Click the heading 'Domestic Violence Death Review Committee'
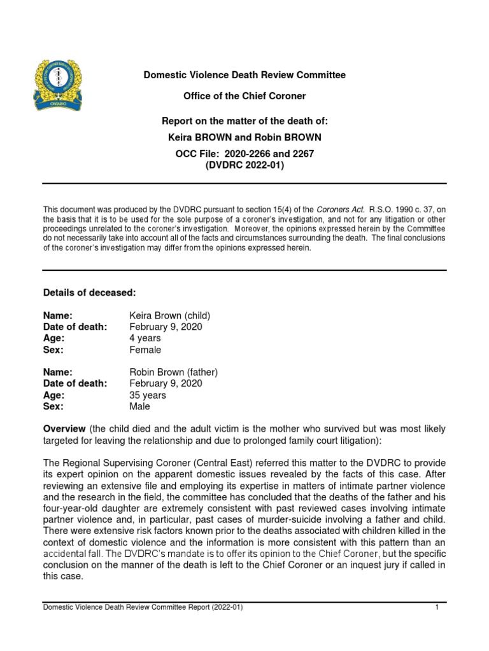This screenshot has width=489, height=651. click(244, 75)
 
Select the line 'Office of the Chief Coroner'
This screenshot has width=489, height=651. click(244, 96)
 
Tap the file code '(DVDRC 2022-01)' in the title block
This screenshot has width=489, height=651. click(244, 165)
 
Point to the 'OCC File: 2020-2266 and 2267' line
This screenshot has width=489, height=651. click(244, 154)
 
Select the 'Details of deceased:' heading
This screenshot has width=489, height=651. click(89, 292)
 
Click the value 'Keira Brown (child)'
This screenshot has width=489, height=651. click(169, 315)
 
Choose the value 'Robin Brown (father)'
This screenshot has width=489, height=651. click(173, 373)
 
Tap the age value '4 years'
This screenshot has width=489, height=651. click(145, 338)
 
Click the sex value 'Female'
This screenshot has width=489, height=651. click(145, 350)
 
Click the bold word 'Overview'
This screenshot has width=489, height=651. click(64, 429)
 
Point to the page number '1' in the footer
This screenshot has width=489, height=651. click(437, 608)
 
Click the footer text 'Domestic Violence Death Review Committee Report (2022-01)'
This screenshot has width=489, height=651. click(143, 608)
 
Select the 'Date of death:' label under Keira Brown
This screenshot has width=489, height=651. click(75, 327)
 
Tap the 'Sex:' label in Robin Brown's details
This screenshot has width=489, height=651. click(53, 407)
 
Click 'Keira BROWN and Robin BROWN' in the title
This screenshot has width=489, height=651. click(244, 137)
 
